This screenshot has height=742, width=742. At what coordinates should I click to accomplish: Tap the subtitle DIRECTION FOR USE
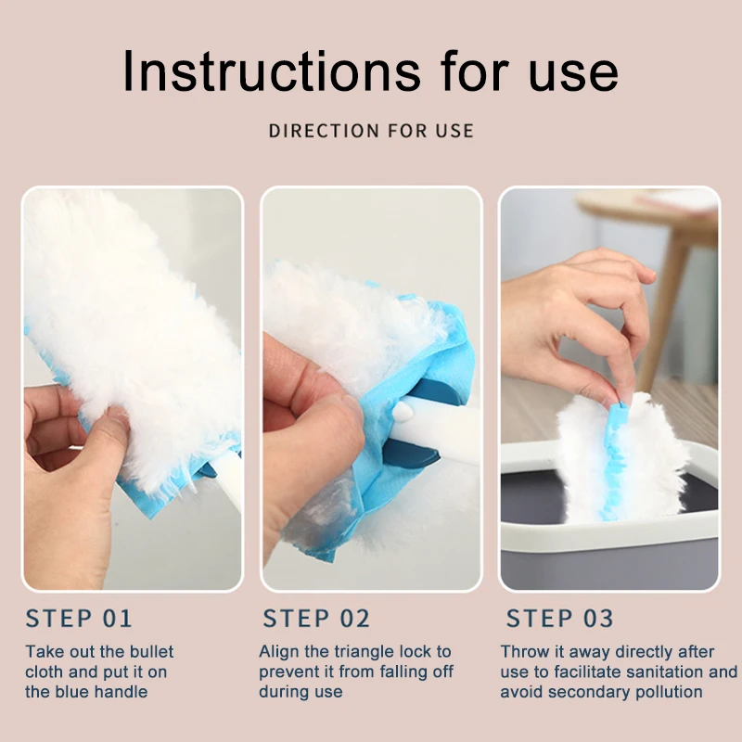click(371, 131)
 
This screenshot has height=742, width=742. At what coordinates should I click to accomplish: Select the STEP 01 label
click(79, 618)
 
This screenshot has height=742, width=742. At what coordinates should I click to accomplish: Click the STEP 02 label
click(316, 618)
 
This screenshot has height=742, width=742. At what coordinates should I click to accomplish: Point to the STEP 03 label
click(560, 618)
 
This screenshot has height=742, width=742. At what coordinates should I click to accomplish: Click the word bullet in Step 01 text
click(151, 652)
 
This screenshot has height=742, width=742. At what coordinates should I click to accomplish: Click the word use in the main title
click(573, 76)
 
